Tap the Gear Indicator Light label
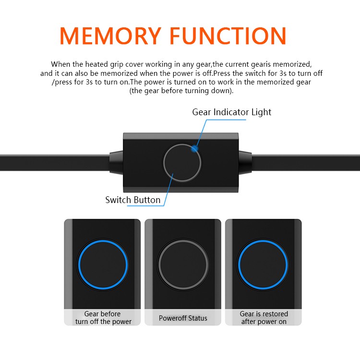(x=231, y=112)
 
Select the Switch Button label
(x=132, y=200)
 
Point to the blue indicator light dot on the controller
(x=194, y=149)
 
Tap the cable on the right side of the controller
(x=307, y=162)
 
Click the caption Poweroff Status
(x=183, y=318)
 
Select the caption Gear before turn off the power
(x=103, y=318)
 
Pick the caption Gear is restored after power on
(x=264, y=318)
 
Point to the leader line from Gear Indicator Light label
(x=202, y=130)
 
